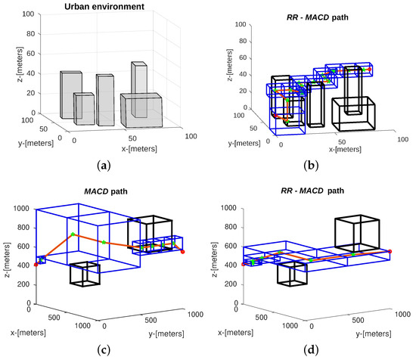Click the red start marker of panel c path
36,265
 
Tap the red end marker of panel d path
390,251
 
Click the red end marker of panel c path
183,251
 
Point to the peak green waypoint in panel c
72,234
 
